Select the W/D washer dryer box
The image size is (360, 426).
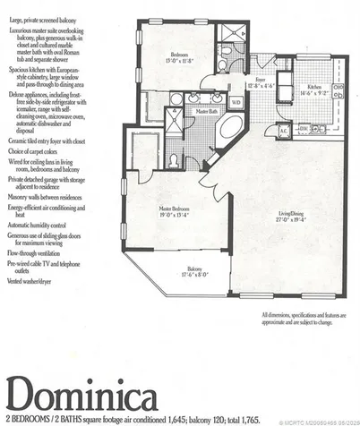pyautogui.click(x=236, y=103)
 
